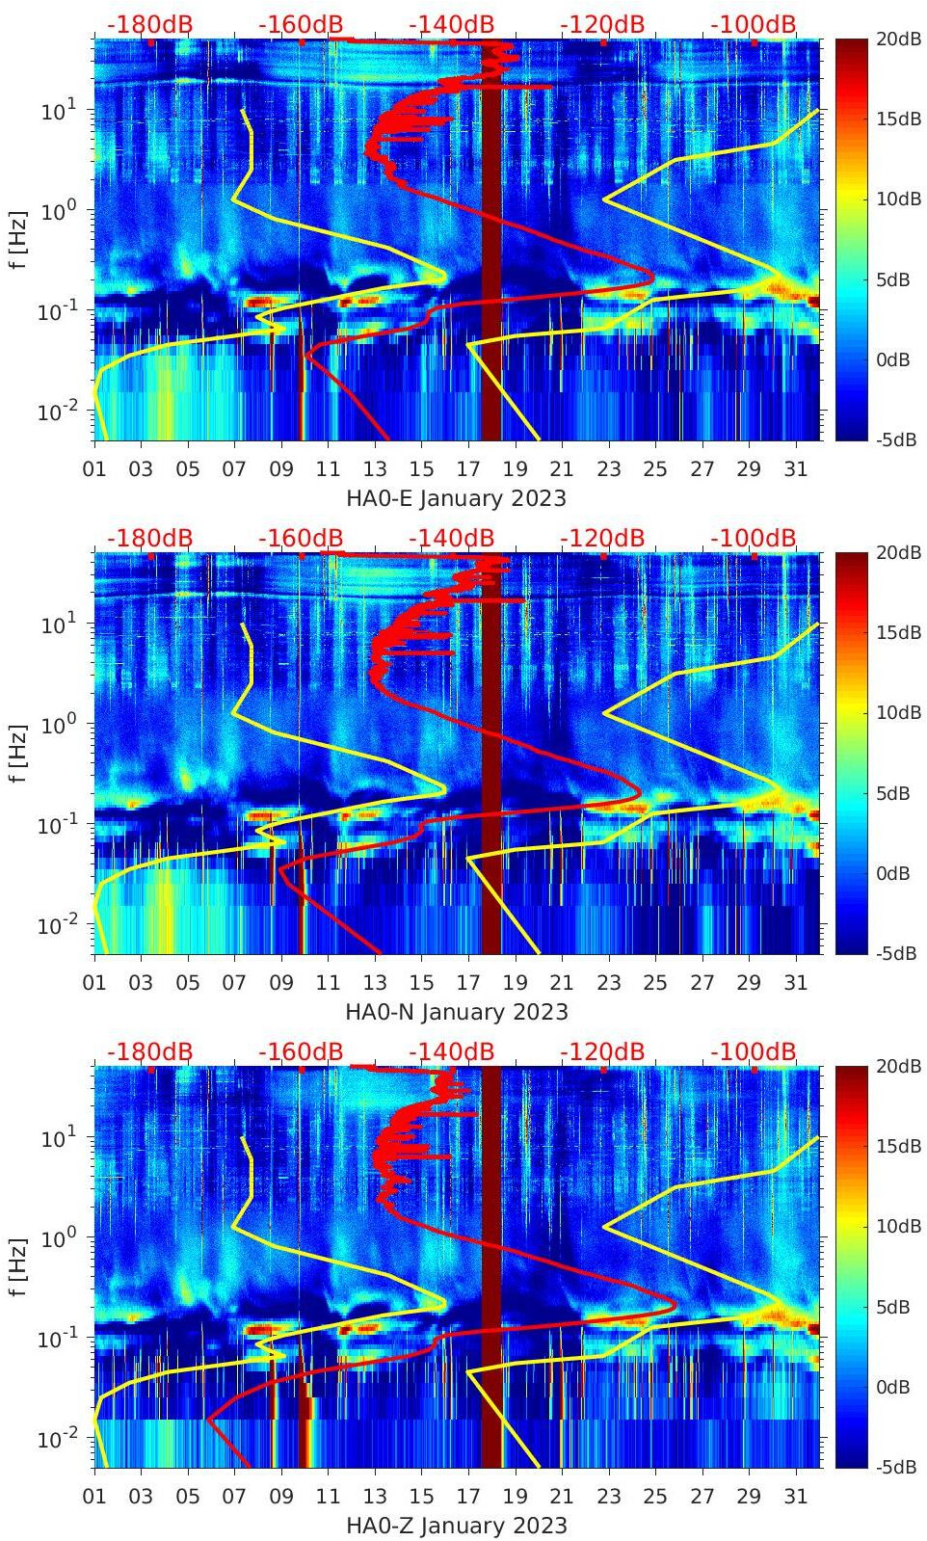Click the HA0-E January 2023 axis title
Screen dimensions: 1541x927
tap(456, 498)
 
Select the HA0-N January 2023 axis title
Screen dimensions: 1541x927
tap(456, 1012)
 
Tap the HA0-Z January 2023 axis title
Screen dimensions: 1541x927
tap(456, 1526)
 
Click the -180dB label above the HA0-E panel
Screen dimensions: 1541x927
tap(149, 24)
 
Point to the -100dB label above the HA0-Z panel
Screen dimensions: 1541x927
tap(754, 1051)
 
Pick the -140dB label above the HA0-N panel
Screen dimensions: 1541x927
tap(451, 538)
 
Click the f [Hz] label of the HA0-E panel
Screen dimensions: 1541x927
tap(18, 239)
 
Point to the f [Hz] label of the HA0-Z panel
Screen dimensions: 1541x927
tap(18, 1266)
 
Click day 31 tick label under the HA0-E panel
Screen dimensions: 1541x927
tap(795, 469)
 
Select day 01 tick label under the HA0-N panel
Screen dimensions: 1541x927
tap(94, 983)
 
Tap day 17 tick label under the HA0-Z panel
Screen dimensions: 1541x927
tap(468, 1497)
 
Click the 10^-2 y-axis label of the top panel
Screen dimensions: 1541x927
tap(54, 412)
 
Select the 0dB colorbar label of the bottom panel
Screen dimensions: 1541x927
tap(893, 1387)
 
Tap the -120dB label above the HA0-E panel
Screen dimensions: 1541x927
tap(602, 24)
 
